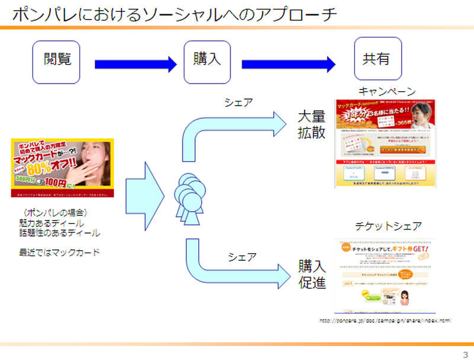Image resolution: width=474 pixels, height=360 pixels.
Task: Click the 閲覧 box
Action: [x=56, y=60]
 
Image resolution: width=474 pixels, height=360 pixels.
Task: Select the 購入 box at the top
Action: [x=207, y=60]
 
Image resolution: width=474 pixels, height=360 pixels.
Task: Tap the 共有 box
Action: [x=377, y=59]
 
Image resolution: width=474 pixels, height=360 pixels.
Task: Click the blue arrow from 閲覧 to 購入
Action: [x=135, y=64]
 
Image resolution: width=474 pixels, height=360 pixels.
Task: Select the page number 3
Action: [x=465, y=354]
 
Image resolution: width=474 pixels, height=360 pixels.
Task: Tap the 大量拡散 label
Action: [x=311, y=124]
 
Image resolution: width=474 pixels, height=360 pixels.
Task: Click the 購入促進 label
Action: [x=312, y=273]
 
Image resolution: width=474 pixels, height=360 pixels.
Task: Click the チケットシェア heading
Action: [x=388, y=227]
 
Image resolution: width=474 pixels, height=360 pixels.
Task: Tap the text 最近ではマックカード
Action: [x=59, y=253]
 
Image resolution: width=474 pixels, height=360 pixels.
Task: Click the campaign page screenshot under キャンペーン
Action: [x=385, y=143]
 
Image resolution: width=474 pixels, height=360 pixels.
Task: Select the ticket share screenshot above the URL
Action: [x=385, y=275]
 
